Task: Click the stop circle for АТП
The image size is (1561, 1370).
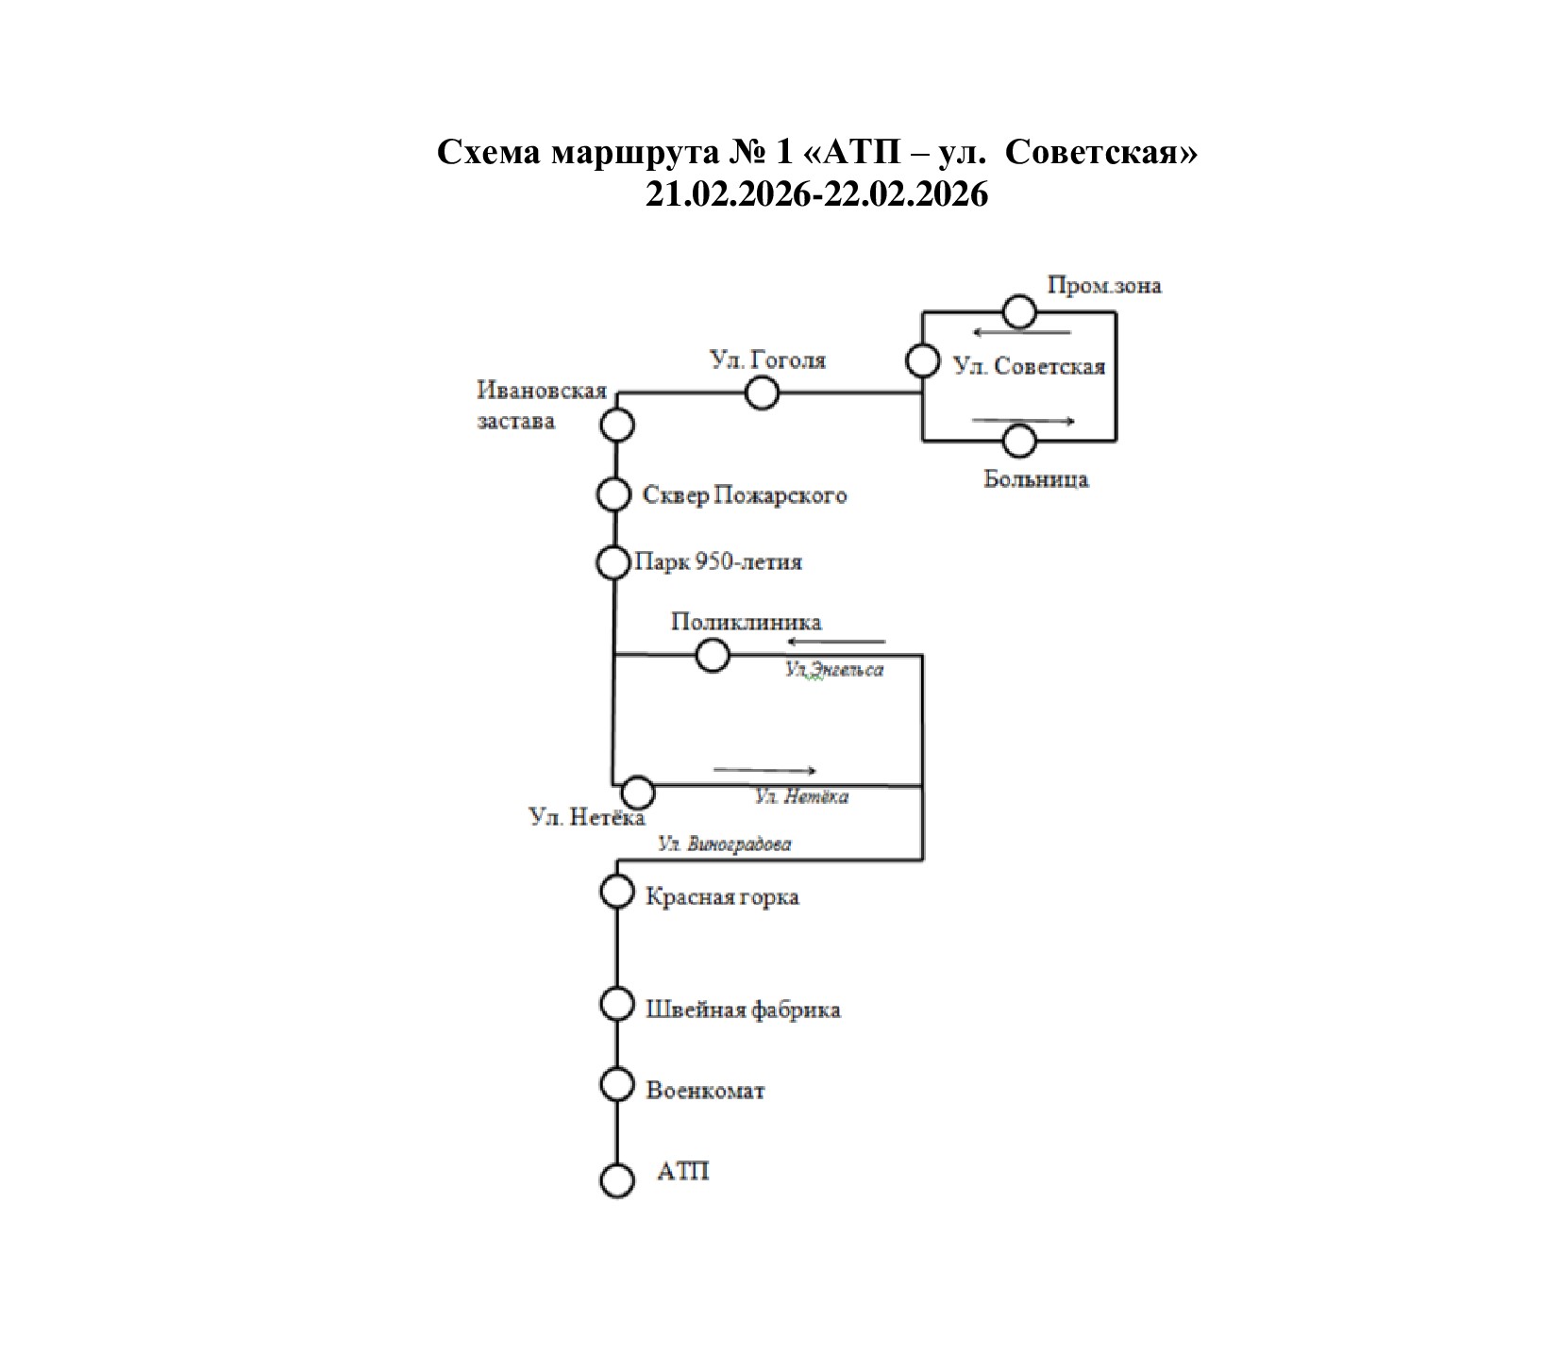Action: (616, 1180)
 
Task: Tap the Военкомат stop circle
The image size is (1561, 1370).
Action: (616, 1085)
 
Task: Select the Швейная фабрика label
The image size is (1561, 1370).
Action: (743, 1010)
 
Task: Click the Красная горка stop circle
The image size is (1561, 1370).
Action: (616, 892)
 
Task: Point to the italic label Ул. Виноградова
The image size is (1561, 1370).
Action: (724, 844)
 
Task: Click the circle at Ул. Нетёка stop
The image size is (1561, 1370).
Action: (638, 792)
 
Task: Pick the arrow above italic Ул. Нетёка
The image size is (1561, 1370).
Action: (764, 770)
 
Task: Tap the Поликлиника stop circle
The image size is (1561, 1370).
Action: (712, 655)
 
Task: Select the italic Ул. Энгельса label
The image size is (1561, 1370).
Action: (833, 671)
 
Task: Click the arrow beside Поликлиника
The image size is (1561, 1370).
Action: (836, 643)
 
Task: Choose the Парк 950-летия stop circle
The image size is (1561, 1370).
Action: (613, 563)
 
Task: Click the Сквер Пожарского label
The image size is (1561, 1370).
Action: (744, 495)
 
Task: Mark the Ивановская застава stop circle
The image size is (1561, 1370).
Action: (617, 426)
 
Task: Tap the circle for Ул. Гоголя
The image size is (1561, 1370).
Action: (762, 393)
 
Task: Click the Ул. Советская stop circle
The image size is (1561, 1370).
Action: (922, 361)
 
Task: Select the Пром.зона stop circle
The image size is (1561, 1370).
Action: (1018, 311)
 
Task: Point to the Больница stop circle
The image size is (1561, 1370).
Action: (1019, 441)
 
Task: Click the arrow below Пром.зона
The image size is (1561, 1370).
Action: (1022, 332)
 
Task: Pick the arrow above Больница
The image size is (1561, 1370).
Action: (1023, 421)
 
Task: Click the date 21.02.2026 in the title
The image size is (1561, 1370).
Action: (730, 194)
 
